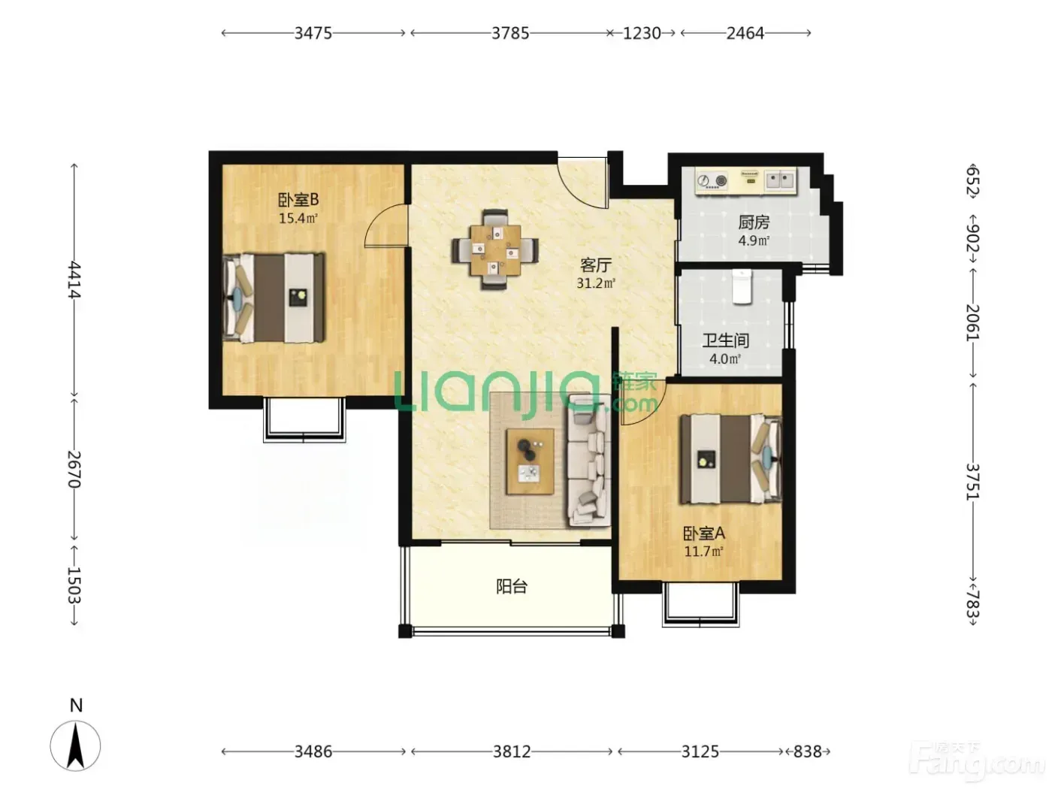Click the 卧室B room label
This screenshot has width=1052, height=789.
point(298,199)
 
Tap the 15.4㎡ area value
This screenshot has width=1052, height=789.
point(298,219)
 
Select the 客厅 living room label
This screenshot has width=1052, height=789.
point(596,265)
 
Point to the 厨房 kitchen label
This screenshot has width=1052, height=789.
point(754,222)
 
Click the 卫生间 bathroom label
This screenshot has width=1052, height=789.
point(726,340)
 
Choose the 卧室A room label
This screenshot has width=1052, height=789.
point(703,534)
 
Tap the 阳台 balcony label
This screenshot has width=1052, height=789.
point(512,586)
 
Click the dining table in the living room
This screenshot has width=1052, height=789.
point(495,249)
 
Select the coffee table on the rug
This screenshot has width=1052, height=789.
point(530,461)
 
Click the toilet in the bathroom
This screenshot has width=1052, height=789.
point(742,286)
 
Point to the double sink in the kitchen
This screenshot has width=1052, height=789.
point(779,180)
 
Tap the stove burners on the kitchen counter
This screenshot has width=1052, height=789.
point(712,180)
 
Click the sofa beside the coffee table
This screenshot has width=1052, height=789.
point(588,461)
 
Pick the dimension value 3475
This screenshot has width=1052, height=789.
point(313,33)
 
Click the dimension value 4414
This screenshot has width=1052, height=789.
point(74,280)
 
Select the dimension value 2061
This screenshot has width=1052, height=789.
point(972,322)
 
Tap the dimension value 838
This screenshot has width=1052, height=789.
point(807,751)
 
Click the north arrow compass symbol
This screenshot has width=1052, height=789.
point(75,746)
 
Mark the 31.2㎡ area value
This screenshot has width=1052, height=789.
point(596,283)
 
